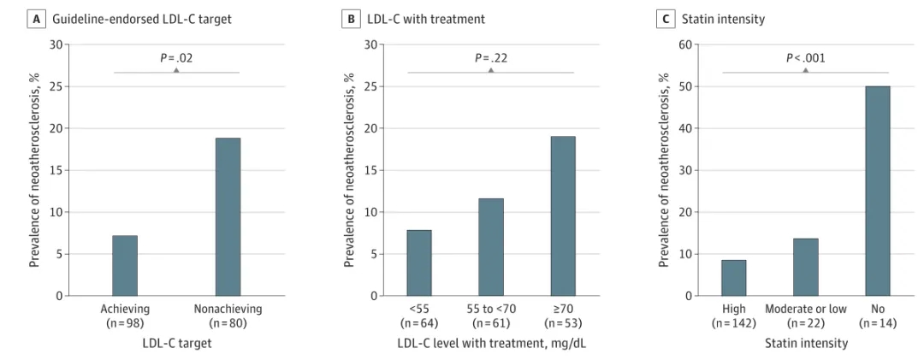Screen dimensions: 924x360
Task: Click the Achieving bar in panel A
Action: (x=125, y=266)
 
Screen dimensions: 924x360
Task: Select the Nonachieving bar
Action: (x=228, y=217)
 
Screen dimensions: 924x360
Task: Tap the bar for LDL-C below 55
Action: (x=419, y=263)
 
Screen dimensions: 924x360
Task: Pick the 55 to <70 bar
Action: (x=491, y=247)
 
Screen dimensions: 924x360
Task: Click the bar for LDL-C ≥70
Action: (x=563, y=216)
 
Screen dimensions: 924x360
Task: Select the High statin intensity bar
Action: (x=734, y=278)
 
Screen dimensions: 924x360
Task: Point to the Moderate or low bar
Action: (x=806, y=267)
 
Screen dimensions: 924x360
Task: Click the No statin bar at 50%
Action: (x=878, y=191)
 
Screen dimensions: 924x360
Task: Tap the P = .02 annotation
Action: (x=177, y=58)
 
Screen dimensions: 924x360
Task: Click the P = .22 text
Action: (x=491, y=58)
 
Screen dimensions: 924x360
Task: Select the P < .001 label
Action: (x=806, y=58)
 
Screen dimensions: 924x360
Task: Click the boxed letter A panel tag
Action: (x=38, y=19)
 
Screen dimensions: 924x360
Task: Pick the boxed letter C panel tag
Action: (x=666, y=19)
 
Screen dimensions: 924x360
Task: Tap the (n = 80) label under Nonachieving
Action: (x=228, y=322)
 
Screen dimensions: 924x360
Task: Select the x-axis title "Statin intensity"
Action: (x=806, y=342)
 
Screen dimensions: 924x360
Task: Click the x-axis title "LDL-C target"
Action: (x=177, y=342)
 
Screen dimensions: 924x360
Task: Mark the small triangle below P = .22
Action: (x=491, y=70)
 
